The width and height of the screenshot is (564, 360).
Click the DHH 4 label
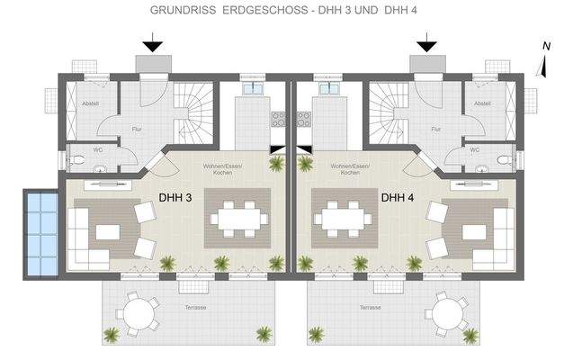(397, 198)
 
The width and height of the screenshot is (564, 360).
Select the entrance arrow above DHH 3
(153, 42)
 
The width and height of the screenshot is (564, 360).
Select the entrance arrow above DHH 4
(426, 42)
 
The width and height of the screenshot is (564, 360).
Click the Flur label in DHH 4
(436, 129)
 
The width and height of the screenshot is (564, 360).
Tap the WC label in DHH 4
(474, 149)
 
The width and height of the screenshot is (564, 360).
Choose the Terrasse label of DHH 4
(370, 308)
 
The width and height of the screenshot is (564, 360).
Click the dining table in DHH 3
(238, 218)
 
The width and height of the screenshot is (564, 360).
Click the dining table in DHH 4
(342, 218)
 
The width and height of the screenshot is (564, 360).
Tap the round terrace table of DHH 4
(447, 313)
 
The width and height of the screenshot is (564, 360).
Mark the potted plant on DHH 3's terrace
(111, 336)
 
